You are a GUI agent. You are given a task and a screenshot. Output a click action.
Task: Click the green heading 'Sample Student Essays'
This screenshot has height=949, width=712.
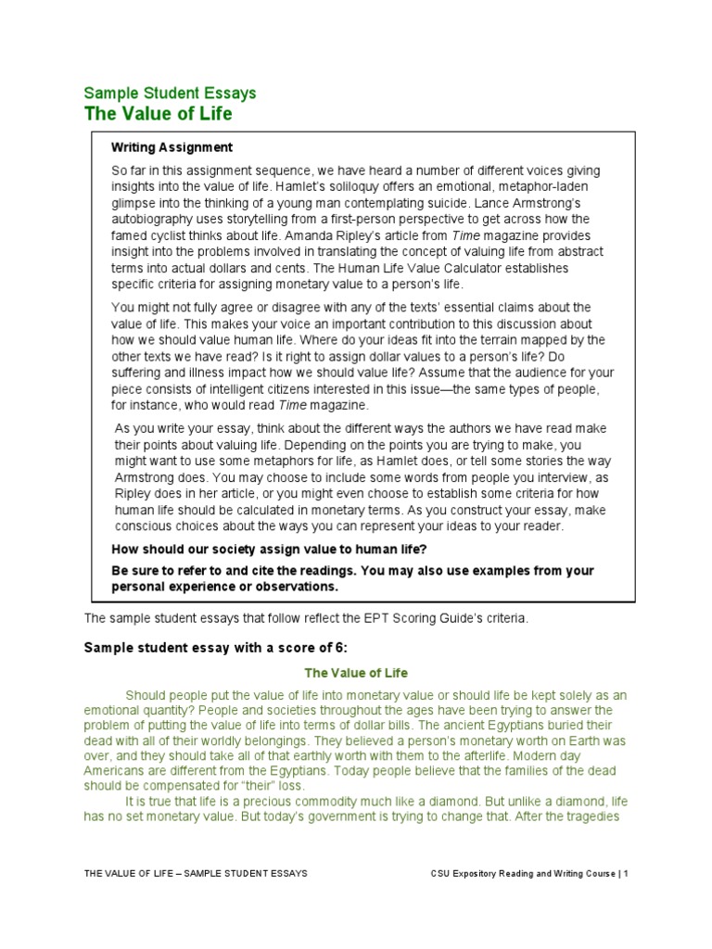pyautogui.click(x=171, y=93)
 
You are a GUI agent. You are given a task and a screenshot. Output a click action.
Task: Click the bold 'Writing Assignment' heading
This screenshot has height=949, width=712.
pyautogui.click(x=172, y=147)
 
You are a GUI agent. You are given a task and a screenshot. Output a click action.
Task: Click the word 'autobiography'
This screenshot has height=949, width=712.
pyautogui.click(x=153, y=219)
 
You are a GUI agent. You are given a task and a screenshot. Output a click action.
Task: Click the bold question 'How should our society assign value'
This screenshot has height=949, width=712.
pyautogui.click(x=269, y=550)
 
